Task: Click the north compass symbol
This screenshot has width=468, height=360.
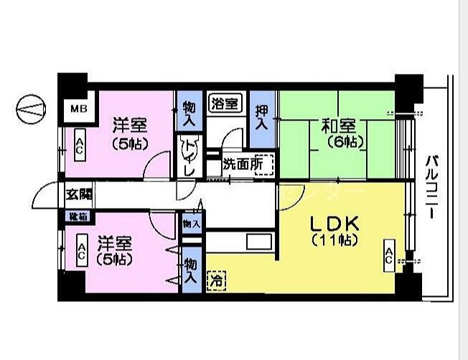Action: pyautogui.click(x=29, y=109)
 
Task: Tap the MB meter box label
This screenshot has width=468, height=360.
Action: pyautogui.click(x=77, y=109)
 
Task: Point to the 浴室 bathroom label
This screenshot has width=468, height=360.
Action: pyautogui.click(x=224, y=103)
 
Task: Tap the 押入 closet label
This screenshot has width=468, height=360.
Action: pyautogui.click(x=262, y=117)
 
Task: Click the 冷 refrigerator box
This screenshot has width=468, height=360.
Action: pyautogui.click(x=215, y=281)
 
